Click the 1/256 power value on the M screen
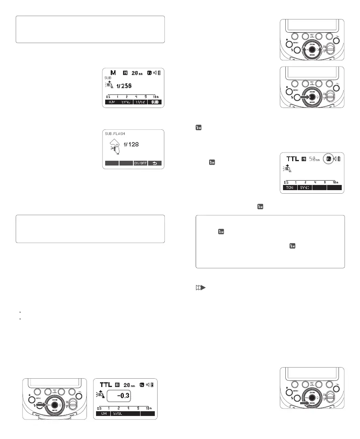click(x=124, y=85)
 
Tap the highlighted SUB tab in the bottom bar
click(x=154, y=102)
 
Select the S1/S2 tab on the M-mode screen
click(x=140, y=102)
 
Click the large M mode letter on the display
click(x=114, y=73)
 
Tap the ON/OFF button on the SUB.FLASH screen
click(x=140, y=163)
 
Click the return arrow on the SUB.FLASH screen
click(x=154, y=163)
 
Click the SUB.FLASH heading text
click(x=115, y=133)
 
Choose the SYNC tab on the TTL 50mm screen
click(x=304, y=187)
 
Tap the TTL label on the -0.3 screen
click(x=105, y=385)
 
